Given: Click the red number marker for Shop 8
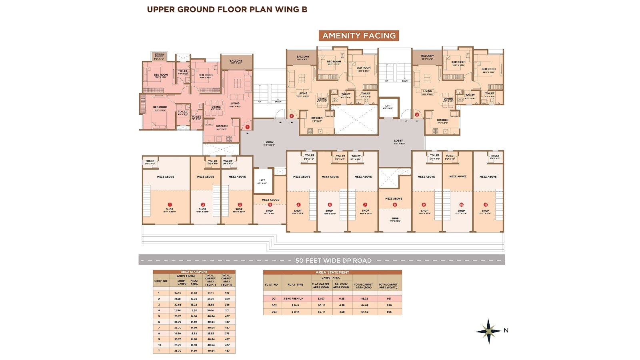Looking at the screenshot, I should point(395,204).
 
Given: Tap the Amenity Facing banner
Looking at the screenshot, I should point(359,36).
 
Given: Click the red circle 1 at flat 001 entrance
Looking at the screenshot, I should point(247,127).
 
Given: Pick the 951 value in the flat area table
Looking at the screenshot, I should point(389,299).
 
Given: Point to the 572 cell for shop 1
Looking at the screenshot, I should point(227,293).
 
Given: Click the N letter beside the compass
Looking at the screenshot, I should point(506,330).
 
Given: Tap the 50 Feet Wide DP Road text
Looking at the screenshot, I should point(333,260).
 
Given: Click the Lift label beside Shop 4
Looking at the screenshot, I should point(262,180).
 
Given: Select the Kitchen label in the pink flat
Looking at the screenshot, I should point(222,126).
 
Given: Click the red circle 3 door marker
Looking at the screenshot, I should point(417,115).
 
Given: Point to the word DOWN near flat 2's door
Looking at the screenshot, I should point(278,102).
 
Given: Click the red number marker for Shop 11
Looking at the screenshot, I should point(486,204).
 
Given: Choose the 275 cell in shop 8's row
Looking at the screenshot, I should point(227,333).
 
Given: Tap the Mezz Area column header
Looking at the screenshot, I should point(194,282).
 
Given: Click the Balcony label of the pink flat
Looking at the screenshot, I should point(236,61).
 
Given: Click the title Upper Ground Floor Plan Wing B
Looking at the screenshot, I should point(227,10).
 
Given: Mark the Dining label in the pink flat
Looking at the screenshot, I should point(216,107).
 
